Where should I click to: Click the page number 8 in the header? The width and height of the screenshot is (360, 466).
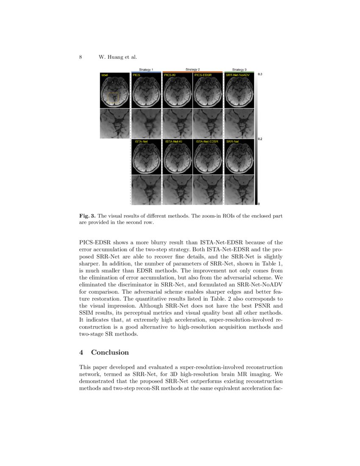pos(80,57)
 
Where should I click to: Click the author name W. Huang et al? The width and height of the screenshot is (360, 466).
pos(118,57)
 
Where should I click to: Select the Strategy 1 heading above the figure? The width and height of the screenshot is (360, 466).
pos(146,69)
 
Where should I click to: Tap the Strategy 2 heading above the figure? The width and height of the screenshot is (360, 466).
pos(193,69)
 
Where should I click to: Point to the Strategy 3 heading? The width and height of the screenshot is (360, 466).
pos(239,69)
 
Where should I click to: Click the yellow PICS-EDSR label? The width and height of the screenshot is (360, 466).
pos(203,75)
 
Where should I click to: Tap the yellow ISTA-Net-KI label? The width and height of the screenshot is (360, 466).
pos(174,141)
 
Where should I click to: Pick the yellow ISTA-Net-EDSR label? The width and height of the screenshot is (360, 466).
pos(207,141)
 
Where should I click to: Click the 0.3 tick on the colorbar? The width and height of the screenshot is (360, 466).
pos(260,75)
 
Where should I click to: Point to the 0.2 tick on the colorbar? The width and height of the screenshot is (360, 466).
pos(260,139)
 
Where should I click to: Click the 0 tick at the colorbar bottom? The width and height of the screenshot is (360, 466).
pos(259,204)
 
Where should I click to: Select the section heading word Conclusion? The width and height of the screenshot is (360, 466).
pos(110,352)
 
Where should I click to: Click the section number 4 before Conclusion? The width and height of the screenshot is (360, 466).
pos(81,352)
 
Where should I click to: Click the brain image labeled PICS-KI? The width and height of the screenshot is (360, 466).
pos(177,91)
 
